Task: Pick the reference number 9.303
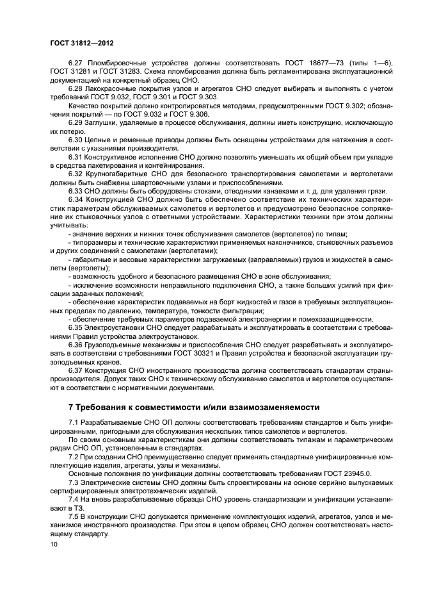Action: [x=206, y=95]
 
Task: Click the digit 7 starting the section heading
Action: [x=70, y=407]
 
